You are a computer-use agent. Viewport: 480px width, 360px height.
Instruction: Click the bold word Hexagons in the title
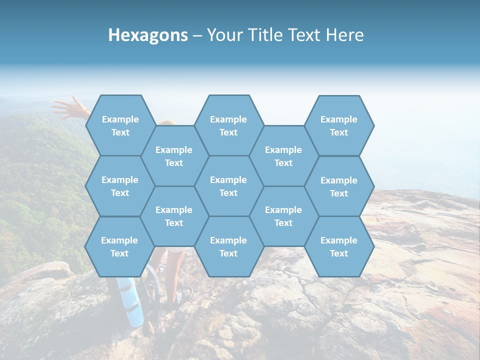pyautogui.click(x=148, y=35)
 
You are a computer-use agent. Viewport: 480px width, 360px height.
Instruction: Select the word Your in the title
pyautogui.click(x=223, y=35)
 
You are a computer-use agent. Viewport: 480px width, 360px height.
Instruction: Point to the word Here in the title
pyautogui.click(x=345, y=35)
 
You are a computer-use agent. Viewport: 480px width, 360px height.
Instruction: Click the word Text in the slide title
pyautogui.click(x=305, y=35)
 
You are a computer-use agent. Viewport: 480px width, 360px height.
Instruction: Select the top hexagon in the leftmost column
pyautogui.click(x=120, y=125)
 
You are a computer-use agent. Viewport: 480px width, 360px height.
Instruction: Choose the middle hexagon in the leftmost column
pyautogui.click(x=120, y=186)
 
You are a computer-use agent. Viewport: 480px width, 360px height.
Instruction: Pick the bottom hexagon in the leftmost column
pyautogui.click(x=120, y=246)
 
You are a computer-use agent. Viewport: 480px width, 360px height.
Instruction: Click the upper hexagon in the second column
pyautogui.click(x=174, y=156)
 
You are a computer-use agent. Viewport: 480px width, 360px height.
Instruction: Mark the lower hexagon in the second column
pyautogui.click(x=174, y=216)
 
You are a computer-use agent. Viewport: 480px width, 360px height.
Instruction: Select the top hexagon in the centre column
pyautogui.click(x=228, y=125)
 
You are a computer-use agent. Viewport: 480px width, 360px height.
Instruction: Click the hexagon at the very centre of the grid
pyautogui.click(x=228, y=186)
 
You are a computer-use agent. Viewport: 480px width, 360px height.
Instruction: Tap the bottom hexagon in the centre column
pyautogui.click(x=228, y=246)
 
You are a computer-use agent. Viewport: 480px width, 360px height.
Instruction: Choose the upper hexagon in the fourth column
pyautogui.click(x=283, y=156)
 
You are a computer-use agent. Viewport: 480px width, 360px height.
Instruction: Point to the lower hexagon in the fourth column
pyautogui.click(x=283, y=216)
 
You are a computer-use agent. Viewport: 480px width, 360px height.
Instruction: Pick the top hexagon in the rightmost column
pyautogui.click(x=339, y=125)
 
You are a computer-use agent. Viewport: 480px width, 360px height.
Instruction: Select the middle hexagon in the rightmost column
pyautogui.click(x=339, y=186)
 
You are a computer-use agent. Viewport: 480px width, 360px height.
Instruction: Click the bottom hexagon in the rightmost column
pyautogui.click(x=339, y=246)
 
